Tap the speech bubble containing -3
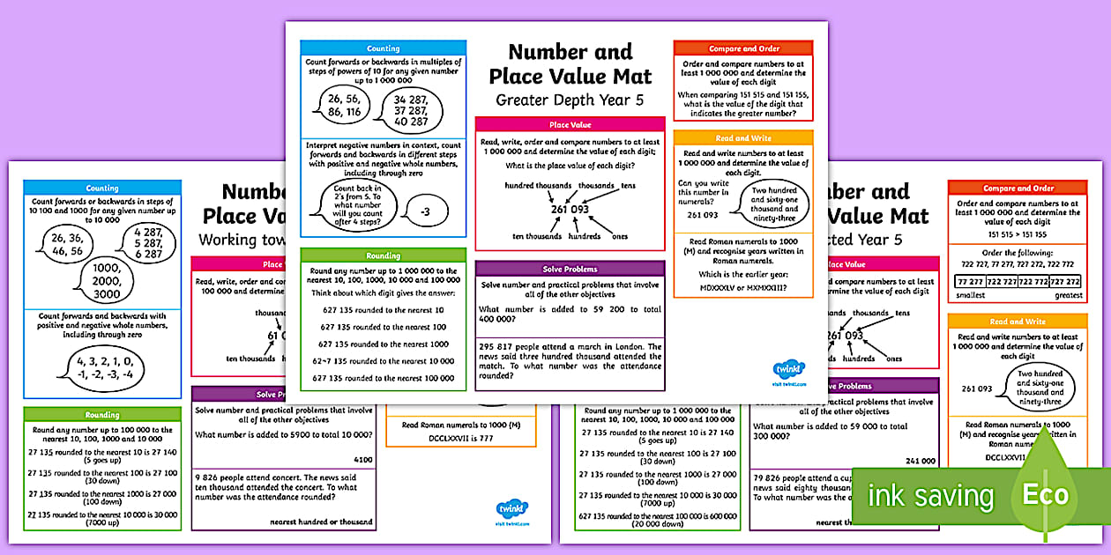[x=424, y=212]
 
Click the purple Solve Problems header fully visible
[x=570, y=269]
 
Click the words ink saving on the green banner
[x=929, y=496]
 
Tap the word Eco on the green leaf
[x=1045, y=495]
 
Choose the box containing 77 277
[x=969, y=282]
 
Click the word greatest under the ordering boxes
[x=1067, y=296]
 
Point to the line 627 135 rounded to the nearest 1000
[x=384, y=344]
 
